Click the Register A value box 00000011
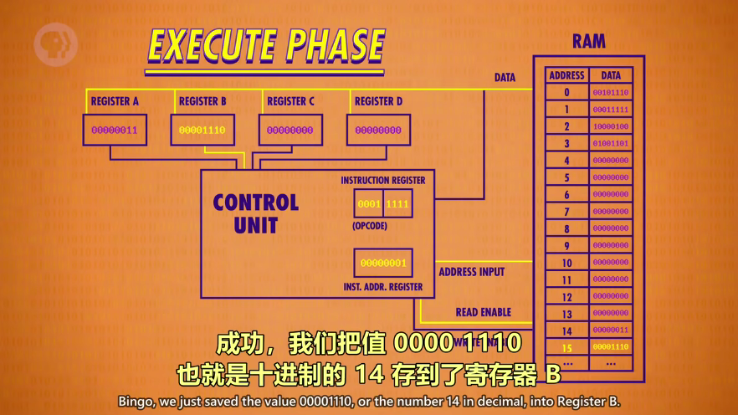115,131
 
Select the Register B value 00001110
202,131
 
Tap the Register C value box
290,131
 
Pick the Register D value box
378,131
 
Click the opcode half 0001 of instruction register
369,203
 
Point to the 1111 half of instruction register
397,203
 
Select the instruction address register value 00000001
383,263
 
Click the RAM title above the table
589,41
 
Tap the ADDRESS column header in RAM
566,75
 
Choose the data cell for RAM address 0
611,93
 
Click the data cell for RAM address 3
611,144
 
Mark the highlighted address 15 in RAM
566,347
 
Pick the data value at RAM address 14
611,330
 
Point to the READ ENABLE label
483,312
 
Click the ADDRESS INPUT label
472,272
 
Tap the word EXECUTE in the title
213,47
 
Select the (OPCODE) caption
370,227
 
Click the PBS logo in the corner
55,44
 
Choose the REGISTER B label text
202,101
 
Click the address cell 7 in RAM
566,212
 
